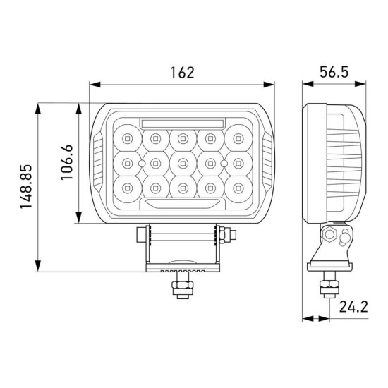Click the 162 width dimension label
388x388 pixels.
[x=182, y=73]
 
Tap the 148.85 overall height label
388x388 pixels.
[x=25, y=188]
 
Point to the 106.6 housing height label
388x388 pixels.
[x=66, y=163]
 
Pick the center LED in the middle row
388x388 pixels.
[x=183, y=163]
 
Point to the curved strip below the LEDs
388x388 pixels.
[x=183, y=204]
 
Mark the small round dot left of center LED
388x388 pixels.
[x=141, y=163]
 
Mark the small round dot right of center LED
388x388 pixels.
[x=224, y=163]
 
